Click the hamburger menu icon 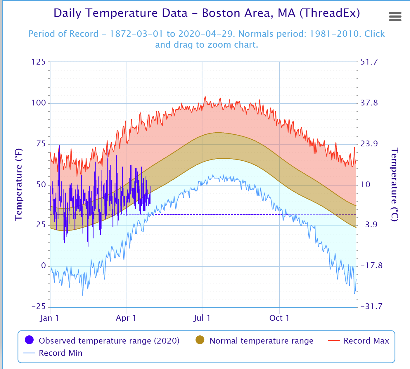395,17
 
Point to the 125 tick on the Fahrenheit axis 39,62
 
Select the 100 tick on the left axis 39,103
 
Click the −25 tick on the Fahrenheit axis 39,306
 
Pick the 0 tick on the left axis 43,266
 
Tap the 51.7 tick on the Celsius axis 369,62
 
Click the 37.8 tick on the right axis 369,103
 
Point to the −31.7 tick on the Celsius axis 371,306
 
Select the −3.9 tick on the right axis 369,225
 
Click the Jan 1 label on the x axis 49,318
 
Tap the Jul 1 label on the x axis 202,318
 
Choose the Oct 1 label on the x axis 279,318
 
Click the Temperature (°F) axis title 18,184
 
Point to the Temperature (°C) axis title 395,184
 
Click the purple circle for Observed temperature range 29,340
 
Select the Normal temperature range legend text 261,341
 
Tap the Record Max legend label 366,341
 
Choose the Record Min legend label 60,353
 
